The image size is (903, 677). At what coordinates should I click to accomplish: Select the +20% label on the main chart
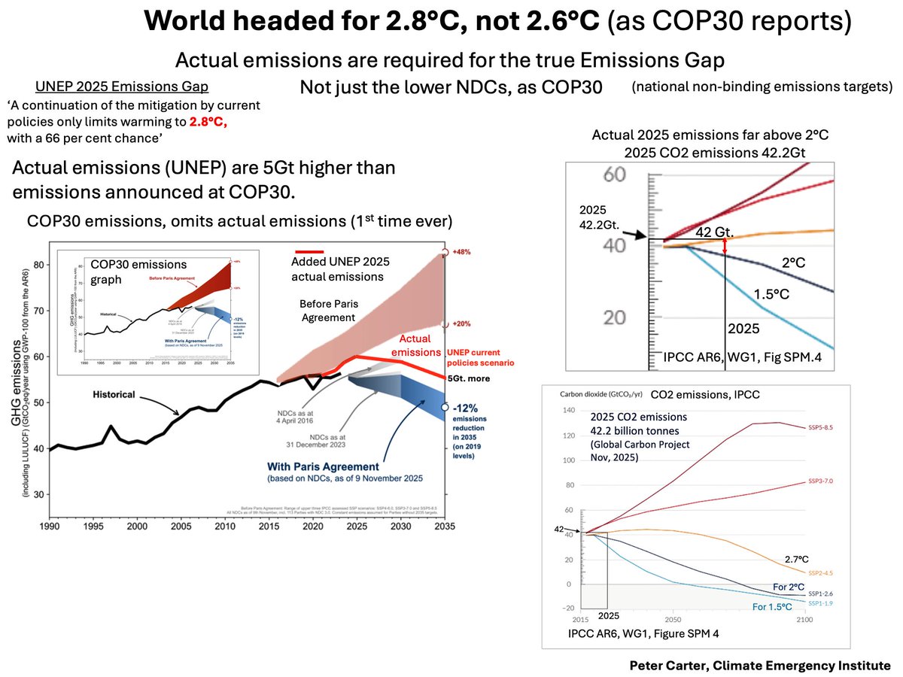(x=463, y=324)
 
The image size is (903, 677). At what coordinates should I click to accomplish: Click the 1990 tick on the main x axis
(x=50, y=527)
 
